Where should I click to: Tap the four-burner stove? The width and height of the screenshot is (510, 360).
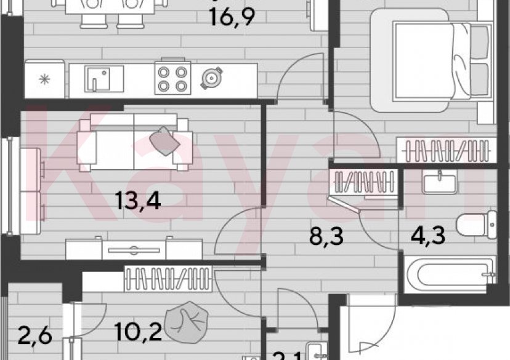[173, 79]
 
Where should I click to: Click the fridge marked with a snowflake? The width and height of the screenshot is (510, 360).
[44, 79]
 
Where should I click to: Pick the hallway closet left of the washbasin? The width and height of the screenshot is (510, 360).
[362, 183]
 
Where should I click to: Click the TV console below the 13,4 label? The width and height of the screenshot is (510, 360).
[134, 249]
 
